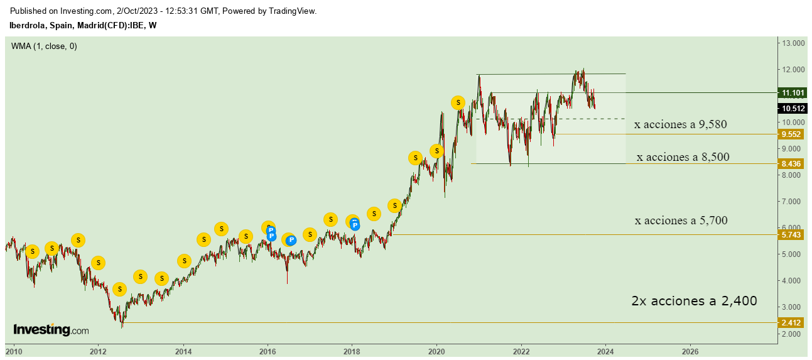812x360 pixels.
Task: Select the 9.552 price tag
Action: tap(791, 134)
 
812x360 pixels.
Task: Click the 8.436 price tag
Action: tap(791, 164)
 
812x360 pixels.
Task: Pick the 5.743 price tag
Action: tap(791, 235)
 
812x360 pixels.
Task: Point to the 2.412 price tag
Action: tap(791, 323)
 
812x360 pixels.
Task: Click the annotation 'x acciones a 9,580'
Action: tap(680, 124)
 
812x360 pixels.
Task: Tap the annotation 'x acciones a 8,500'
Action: tap(683, 157)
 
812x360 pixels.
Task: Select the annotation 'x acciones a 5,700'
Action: tap(681, 221)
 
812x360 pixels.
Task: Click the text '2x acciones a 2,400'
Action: tap(694, 301)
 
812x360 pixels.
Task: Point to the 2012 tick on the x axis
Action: tap(98, 351)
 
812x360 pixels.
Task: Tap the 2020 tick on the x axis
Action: tap(437, 351)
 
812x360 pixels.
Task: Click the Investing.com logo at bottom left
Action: tap(51, 330)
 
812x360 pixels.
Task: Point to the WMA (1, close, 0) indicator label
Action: tap(44, 46)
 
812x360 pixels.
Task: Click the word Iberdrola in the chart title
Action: tap(27, 25)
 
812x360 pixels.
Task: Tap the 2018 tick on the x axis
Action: tap(352, 351)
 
